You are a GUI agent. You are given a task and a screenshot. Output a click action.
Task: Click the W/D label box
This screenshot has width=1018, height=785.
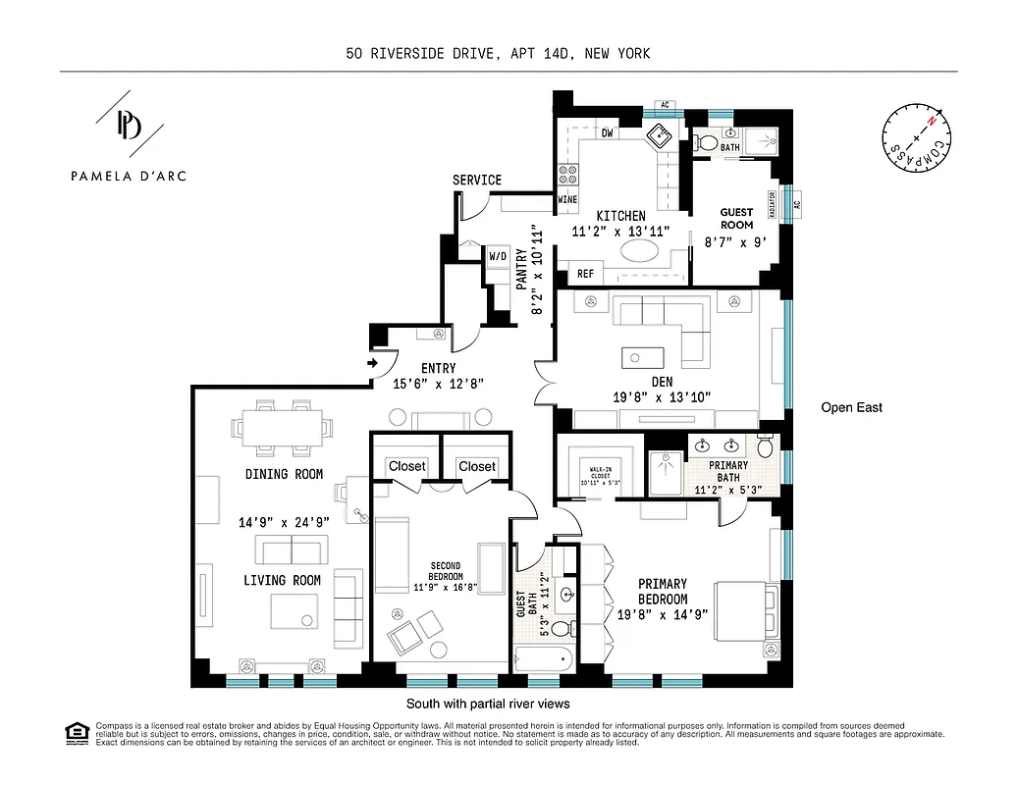499,257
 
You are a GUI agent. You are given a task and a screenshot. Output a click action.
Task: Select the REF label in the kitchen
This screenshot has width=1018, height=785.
586,275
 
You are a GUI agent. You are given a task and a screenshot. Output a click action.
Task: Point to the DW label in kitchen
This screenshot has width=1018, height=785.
608,132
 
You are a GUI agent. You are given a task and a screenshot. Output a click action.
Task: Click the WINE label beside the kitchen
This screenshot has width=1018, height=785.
567,199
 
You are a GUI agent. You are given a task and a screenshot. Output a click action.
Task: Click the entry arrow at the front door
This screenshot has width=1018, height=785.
374,363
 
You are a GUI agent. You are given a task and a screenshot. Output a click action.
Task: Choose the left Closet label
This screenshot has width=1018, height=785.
406,466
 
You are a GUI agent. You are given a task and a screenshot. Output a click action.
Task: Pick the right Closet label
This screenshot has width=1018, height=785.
477,466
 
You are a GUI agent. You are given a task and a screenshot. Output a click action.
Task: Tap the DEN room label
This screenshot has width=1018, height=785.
661,382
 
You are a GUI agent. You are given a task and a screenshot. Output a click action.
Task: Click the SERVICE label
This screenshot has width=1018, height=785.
476,180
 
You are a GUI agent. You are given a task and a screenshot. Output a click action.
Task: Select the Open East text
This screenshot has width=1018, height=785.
851,407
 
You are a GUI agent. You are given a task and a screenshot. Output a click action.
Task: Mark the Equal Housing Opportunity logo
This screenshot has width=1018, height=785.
74,732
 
